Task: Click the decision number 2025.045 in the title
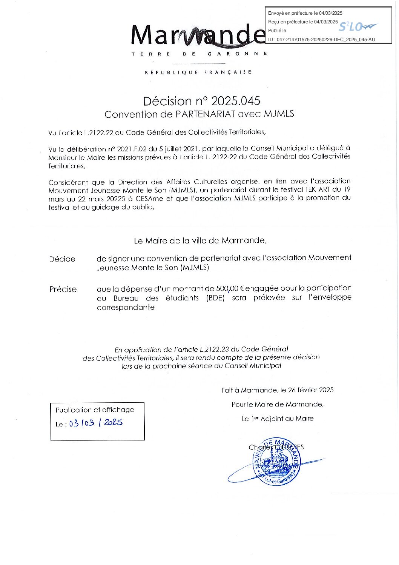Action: pyautogui.click(x=235, y=101)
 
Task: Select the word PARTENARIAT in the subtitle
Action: pyautogui.click(x=205, y=114)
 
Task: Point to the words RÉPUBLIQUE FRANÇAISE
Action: pyautogui.click(x=198, y=72)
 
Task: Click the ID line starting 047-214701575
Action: pyautogui.click(x=322, y=40)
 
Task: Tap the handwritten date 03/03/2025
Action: pyautogui.click(x=96, y=423)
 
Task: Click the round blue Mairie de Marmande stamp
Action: pyautogui.click(x=276, y=462)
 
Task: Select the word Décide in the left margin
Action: pyautogui.click(x=62, y=259)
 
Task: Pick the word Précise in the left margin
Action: pyautogui.click(x=63, y=289)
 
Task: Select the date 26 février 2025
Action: pyautogui.click(x=311, y=390)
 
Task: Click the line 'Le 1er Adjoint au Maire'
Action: pyautogui.click(x=278, y=419)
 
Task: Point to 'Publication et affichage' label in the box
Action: pyautogui.click(x=95, y=410)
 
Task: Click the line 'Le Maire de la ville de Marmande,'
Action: pyautogui.click(x=200, y=241)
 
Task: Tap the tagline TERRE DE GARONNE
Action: pyautogui.click(x=199, y=54)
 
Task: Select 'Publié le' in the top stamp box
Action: pyautogui.click(x=277, y=31)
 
